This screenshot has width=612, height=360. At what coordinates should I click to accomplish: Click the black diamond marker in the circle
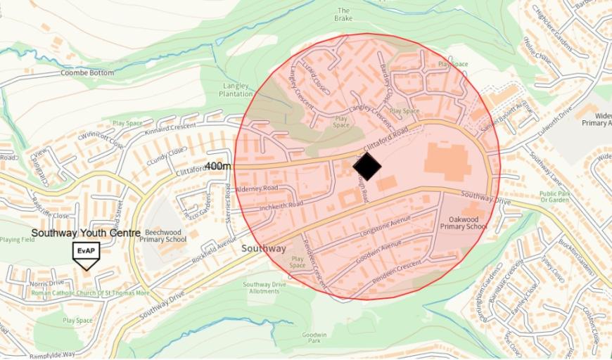(x=366, y=167)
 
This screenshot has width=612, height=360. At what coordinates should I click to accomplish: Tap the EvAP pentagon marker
(x=87, y=254)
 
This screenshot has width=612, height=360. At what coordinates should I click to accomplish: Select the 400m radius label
(x=218, y=166)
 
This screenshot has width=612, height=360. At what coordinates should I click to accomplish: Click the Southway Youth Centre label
(x=86, y=233)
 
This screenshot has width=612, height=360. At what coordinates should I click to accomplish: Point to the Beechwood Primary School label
(x=162, y=236)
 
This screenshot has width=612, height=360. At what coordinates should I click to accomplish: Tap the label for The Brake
(x=343, y=15)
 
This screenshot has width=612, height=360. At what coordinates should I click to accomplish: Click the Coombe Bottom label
(x=87, y=72)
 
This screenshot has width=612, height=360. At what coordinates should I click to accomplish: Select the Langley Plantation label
(x=236, y=89)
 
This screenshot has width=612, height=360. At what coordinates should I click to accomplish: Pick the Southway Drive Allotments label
(x=264, y=288)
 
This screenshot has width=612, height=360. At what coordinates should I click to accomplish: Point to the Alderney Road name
(x=257, y=188)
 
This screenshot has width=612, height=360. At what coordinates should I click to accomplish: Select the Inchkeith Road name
(x=281, y=205)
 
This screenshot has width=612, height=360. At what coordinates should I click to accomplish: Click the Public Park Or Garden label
(x=554, y=198)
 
